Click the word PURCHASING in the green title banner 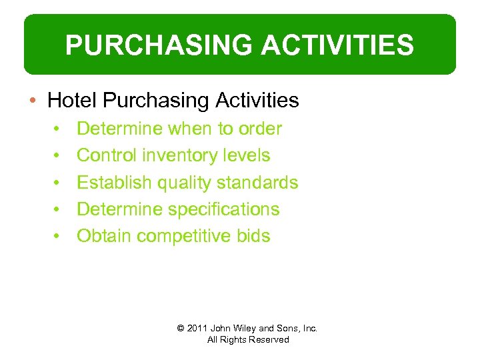tap(156, 45)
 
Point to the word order tap(259, 129)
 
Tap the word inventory tap(184, 155)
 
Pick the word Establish tap(113, 182)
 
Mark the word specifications tap(223, 209)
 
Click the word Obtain tap(104, 235)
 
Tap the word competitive tap(184, 235)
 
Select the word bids tap(254, 235)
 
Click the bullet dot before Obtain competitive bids tap(59, 236)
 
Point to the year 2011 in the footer tap(197, 328)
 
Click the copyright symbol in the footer tap(180, 328)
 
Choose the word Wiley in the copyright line tap(243, 328)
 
